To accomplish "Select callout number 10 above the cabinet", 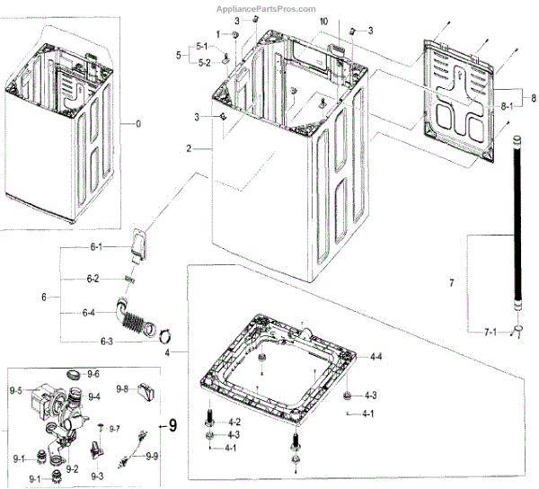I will click(x=298, y=21).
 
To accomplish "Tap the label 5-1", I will click(x=203, y=47).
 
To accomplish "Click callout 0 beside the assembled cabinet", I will click(x=137, y=122).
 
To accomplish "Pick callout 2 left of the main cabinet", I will click(x=189, y=147).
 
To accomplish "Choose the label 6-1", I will click(x=93, y=246).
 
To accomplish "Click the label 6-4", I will click(x=89, y=313).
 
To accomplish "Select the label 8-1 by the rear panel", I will click(x=508, y=107).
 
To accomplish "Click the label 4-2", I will click(x=233, y=422).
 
